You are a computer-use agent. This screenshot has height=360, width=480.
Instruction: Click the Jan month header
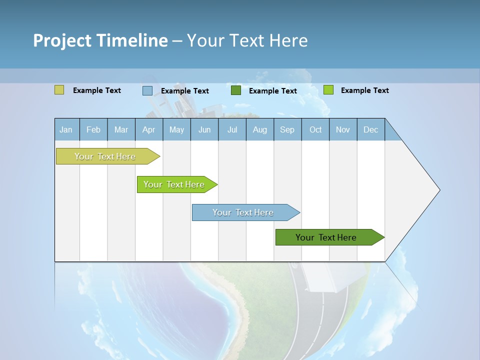pos(66,129)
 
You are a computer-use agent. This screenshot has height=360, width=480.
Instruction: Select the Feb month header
pos(93,129)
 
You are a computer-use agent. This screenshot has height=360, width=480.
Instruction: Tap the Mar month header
pos(121,129)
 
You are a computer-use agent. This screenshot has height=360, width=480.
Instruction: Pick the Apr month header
pos(149,129)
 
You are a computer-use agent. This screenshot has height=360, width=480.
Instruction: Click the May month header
pos(176,129)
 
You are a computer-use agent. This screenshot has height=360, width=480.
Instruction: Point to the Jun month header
pos(204,129)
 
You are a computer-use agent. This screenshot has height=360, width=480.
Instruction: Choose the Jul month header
pos(232,129)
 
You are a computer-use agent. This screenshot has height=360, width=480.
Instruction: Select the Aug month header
pos(260,129)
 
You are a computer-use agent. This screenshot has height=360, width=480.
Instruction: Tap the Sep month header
pos(287,129)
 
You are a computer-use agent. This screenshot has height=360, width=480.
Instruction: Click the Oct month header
pos(315,129)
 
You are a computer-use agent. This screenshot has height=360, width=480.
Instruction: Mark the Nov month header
pos(343,129)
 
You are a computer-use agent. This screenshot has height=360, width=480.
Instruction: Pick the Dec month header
pos(371,129)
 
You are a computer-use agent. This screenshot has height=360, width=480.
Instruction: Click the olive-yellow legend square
pos(59,90)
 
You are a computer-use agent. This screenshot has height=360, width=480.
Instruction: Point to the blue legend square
pos(147,90)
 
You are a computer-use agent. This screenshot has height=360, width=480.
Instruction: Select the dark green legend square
pos(236,90)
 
